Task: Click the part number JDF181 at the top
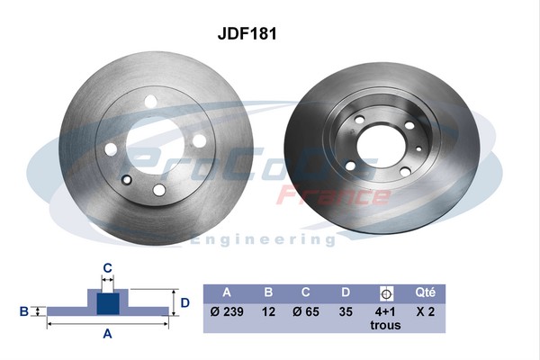(246, 33)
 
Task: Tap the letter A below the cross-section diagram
(107, 334)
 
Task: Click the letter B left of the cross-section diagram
(24, 311)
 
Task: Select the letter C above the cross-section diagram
(107, 267)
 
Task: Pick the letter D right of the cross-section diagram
(185, 302)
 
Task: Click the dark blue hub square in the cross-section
(107, 302)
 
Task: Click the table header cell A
(226, 292)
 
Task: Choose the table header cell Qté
(426, 292)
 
